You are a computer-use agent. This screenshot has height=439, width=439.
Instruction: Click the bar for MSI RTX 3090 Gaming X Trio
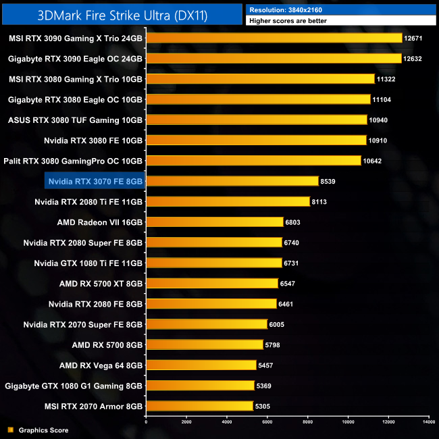tap(274, 38)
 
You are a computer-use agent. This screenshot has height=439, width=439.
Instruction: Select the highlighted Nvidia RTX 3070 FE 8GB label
tap(95, 181)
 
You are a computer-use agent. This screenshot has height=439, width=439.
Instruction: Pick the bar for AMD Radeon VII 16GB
tap(215, 222)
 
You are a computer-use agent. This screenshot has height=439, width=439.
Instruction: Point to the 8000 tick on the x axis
tap(308, 421)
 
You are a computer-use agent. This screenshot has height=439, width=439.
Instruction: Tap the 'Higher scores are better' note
tap(288, 22)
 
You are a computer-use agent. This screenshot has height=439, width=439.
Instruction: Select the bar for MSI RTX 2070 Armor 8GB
tap(199, 406)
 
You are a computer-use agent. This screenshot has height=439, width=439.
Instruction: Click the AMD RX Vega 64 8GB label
tap(101, 365)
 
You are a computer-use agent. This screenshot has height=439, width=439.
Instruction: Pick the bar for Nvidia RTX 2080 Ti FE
tap(228, 201)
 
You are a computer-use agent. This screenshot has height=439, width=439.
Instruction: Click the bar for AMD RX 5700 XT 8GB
tap(212, 283)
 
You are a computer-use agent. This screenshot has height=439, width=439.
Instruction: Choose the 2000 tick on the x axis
tap(186, 421)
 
